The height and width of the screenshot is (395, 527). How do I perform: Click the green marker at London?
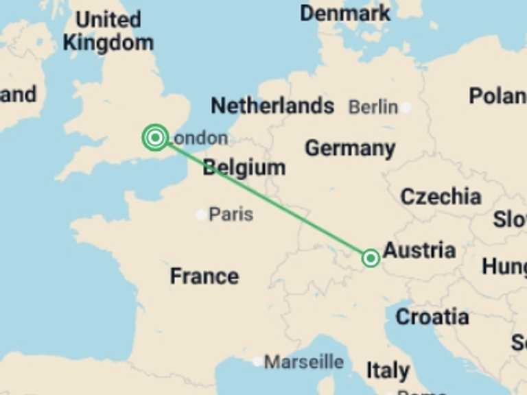[156, 138]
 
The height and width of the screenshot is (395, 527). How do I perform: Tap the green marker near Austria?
[371, 258]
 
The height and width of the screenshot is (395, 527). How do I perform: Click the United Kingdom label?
[108, 31]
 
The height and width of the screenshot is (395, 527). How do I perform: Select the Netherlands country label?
[272, 106]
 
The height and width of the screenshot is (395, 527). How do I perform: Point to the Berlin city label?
[373, 107]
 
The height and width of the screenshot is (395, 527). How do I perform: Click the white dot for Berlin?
[406, 108]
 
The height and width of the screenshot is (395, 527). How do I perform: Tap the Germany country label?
[350, 148]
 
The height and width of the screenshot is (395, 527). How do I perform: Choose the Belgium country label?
[244, 167]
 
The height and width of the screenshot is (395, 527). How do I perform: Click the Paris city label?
[231, 215]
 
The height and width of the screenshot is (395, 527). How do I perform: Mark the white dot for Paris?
[200, 215]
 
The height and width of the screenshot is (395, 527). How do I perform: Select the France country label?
[204, 276]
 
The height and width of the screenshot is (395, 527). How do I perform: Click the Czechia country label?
[441, 197]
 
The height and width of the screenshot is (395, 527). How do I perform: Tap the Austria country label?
[419, 250]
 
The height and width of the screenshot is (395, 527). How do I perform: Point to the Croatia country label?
[432, 317]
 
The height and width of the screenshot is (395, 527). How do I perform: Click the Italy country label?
[388, 371]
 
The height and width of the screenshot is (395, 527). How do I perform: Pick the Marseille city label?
[304, 361]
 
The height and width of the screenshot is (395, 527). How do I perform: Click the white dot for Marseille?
[257, 361]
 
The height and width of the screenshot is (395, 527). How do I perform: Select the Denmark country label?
[345, 12]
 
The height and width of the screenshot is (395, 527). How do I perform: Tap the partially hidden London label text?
[200, 139]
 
